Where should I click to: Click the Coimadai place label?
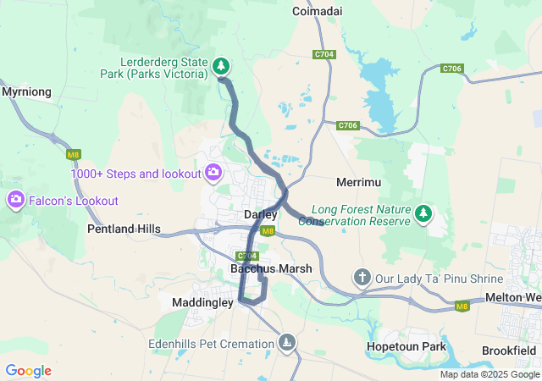[x=317, y=11]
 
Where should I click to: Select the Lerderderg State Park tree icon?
[x=221, y=65]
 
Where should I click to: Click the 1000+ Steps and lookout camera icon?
[x=213, y=174]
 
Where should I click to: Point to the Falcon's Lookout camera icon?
[x=15, y=201]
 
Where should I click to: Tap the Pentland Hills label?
[x=124, y=229]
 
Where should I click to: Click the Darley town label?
[x=260, y=214]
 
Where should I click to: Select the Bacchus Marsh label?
[x=271, y=268]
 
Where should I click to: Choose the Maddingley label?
[x=202, y=301]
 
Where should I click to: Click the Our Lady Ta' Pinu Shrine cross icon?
[x=362, y=278]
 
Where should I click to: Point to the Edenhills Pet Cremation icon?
[x=288, y=342]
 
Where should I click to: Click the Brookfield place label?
[x=511, y=350]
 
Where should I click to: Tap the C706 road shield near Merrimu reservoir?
[x=347, y=125]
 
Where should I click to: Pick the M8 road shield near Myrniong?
[x=74, y=154]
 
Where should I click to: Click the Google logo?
[x=28, y=370]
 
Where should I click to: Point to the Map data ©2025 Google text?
[x=489, y=374]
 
